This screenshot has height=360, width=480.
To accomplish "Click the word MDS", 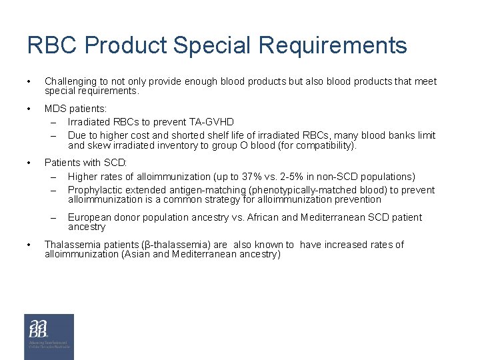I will tap(55, 109).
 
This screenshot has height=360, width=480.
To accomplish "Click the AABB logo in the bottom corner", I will tap(49, 337).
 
